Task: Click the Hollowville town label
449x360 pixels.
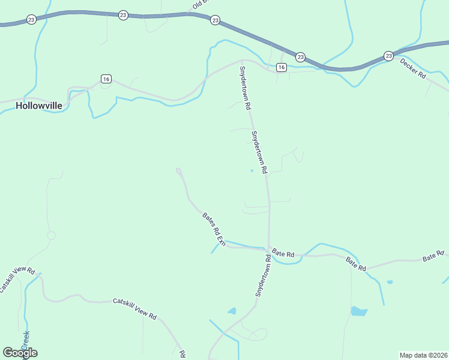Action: click(38, 105)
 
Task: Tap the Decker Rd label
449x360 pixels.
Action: click(413, 70)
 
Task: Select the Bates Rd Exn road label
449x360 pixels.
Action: click(213, 229)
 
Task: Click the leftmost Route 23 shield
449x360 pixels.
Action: click(31, 20)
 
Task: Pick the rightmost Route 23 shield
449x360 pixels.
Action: click(388, 56)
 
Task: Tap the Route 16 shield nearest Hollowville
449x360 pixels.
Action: click(106, 79)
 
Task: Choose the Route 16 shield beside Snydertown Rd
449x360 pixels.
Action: click(281, 68)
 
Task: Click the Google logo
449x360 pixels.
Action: click(20, 353)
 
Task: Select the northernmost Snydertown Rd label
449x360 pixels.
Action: click(245, 88)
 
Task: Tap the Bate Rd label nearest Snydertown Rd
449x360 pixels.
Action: click(283, 254)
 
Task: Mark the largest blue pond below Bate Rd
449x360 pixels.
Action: click(358, 311)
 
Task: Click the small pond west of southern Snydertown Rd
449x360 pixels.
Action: click(232, 311)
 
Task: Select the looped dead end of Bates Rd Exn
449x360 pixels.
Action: click(178, 172)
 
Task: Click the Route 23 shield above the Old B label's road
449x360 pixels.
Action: click(215, 20)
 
